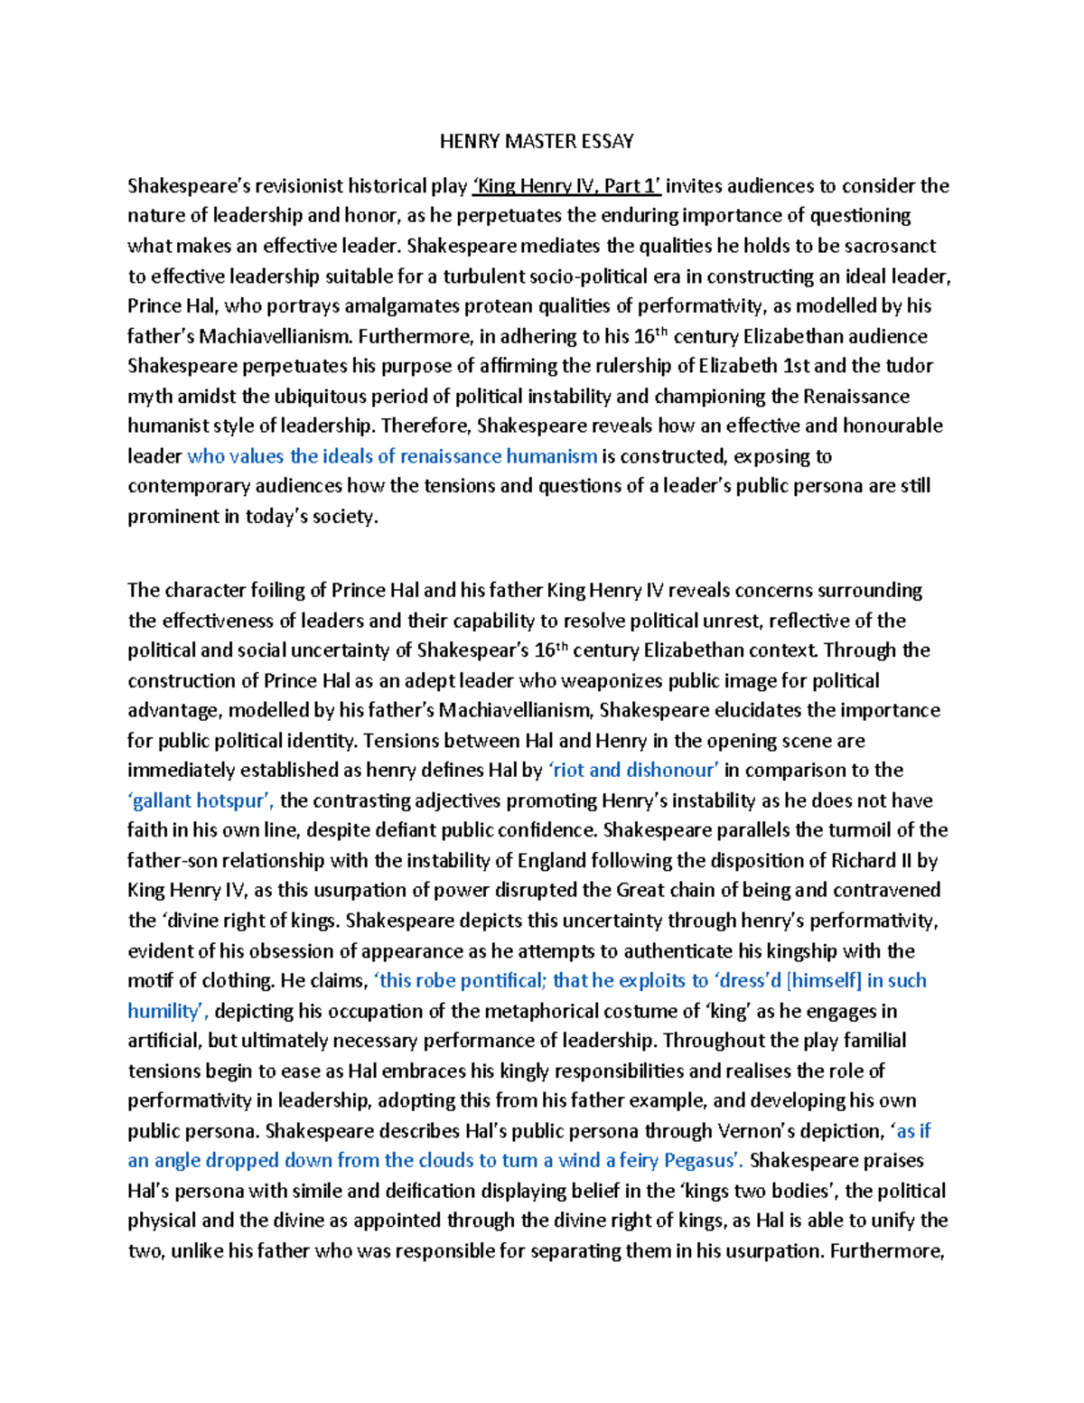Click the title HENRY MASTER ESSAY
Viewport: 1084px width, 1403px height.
click(537, 141)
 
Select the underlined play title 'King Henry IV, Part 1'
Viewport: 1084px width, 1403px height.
click(566, 186)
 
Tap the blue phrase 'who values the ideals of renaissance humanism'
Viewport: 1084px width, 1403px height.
click(392, 456)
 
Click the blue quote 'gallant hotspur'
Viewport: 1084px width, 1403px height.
click(201, 800)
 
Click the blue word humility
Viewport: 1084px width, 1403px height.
click(165, 1011)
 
